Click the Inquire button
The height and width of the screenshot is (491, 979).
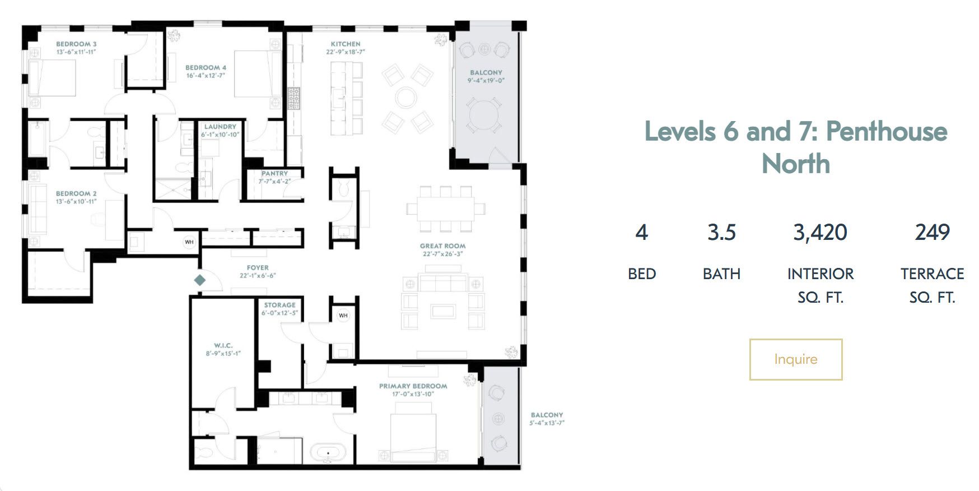pyautogui.click(x=795, y=359)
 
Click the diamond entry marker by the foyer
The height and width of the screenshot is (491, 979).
pyautogui.click(x=200, y=280)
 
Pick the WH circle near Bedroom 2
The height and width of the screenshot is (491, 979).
pyautogui.click(x=189, y=242)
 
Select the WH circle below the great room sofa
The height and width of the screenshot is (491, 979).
pyautogui.click(x=343, y=316)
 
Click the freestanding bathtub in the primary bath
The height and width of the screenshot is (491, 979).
pyautogui.click(x=328, y=453)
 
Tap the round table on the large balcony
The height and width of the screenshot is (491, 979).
pyautogui.click(x=483, y=115)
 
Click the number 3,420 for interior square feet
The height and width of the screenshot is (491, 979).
pyautogui.click(x=820, y=232)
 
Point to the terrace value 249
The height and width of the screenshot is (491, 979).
pyautogui.click(x=933, y=232)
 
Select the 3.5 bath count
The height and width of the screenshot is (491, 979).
pyautogui.click(x=721, y=232)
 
